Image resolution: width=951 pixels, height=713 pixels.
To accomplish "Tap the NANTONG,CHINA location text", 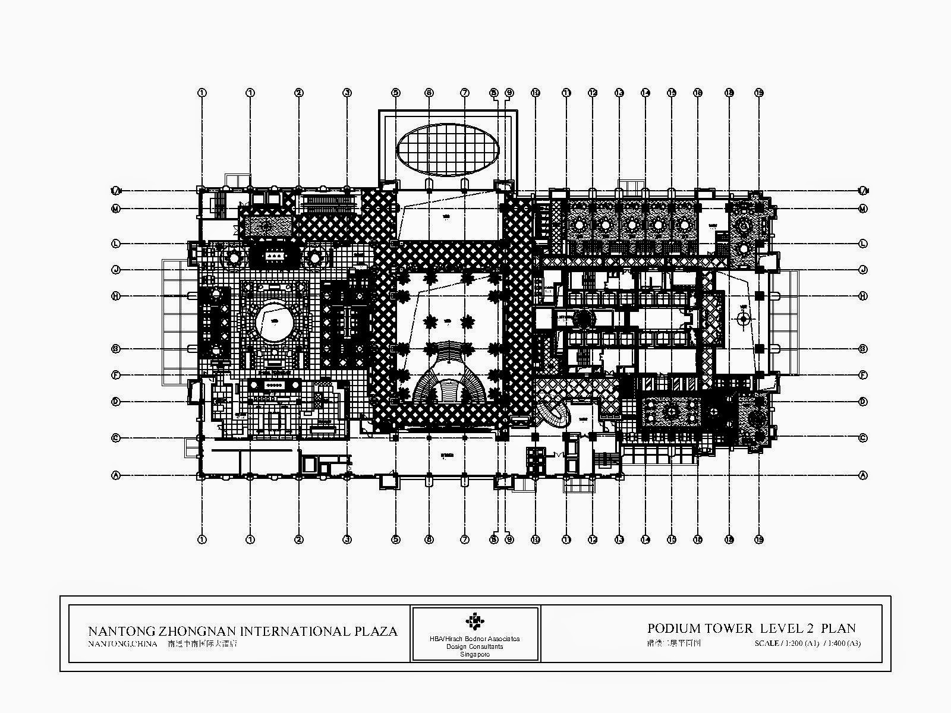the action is [122, 643].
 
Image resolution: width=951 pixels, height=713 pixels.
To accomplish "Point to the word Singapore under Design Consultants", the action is [475, 654].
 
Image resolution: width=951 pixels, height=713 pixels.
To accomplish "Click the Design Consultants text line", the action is [475, 646].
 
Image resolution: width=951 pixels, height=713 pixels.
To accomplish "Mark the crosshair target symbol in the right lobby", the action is [743, 318].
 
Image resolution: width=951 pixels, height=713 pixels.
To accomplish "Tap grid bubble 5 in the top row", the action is [395, 93].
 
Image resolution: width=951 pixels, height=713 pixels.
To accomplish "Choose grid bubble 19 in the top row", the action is [758, 93].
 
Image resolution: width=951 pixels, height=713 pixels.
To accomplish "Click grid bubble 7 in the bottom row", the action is [465, 540].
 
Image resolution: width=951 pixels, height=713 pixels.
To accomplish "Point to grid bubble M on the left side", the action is [116, 209].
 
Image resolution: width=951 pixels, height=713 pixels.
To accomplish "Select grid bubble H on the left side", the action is [116, 296].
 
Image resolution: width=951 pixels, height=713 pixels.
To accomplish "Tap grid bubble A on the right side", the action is [863, 475].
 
